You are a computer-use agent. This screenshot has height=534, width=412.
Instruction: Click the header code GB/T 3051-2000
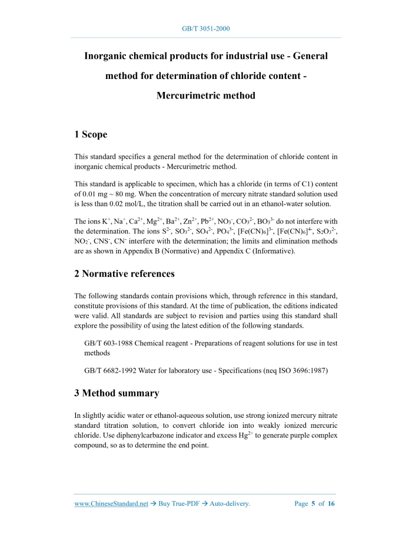206,28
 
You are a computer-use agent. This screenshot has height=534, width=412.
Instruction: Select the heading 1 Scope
91,134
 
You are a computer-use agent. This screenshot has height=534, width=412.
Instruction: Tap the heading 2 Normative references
124,273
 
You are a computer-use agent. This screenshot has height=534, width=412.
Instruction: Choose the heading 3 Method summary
117,393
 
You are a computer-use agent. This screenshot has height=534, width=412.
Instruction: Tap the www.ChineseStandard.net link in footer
111,504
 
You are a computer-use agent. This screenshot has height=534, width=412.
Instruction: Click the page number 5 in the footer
314,504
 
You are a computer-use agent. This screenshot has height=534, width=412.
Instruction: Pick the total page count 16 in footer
331,504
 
